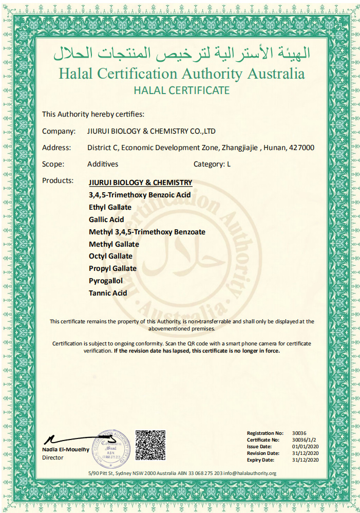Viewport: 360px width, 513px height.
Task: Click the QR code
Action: (x=150, y=445)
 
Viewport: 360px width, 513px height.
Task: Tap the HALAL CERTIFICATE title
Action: (x=181, y=90)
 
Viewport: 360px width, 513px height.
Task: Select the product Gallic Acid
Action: (x=106, y=219)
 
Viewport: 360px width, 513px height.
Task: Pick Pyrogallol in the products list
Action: (x=106, y=281)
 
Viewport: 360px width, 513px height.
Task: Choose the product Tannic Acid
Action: (x=108, y=293)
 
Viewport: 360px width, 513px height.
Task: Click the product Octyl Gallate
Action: (x=110, y=256)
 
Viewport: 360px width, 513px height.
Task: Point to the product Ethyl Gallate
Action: (x=110, y=207)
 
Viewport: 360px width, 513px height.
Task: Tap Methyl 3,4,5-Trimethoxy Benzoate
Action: (x=147, y=232)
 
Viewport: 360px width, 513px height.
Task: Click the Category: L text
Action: (x=212, y=164)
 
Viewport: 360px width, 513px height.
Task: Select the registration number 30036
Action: (x=299, y=433)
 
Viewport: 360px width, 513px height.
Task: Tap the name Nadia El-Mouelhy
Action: (x=66, y=450)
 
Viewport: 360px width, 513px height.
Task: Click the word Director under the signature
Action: (x=53, y=457)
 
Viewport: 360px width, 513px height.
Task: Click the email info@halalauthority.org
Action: (x=250, y=473)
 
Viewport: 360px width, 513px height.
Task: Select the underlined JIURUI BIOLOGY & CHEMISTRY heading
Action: (x=141, y=182)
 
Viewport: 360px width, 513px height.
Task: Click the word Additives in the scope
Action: (x=103, y=164)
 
